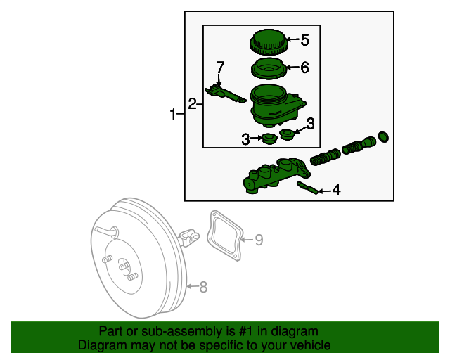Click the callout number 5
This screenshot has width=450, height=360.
[x=304, y=40]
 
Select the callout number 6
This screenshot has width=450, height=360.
[x=304, y=68]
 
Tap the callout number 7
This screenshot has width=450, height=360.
[x=220, y=67]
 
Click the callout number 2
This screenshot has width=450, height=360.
[x=192, y=105]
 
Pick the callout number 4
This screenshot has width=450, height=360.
[x=336, y=189]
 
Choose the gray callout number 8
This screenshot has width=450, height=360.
[x=203, y=286]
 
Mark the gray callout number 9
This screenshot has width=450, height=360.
[x=258, y=240]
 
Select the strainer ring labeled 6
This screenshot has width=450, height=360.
[x=268, y=70]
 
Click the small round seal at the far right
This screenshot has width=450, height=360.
[x=383, y=136]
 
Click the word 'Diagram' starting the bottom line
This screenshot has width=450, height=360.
[x=101, y=345]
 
